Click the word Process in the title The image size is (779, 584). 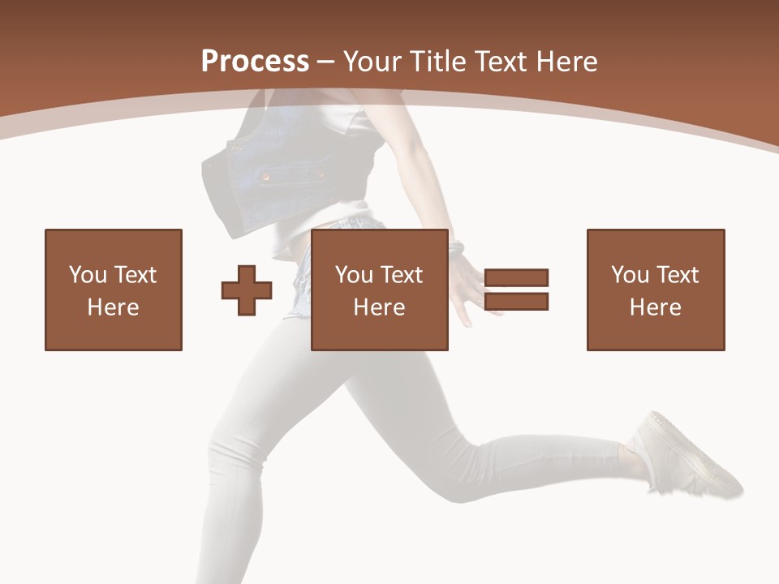tap(255, 61)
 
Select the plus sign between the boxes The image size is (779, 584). tap(247, 290)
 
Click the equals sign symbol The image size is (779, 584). tap(516, 290)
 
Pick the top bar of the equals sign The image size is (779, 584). tap(516, 278)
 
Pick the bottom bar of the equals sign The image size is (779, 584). tap(516, 301)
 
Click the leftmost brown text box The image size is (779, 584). tap(114, 290)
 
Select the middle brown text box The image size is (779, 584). tap(380, 290)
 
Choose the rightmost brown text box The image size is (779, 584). tap(656, 290)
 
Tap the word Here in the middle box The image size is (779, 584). tap(380, 307)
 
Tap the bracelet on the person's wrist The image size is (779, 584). tap(457, 247)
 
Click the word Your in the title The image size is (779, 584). tap(372, 61)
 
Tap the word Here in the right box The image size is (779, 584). tap(656, 307)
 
